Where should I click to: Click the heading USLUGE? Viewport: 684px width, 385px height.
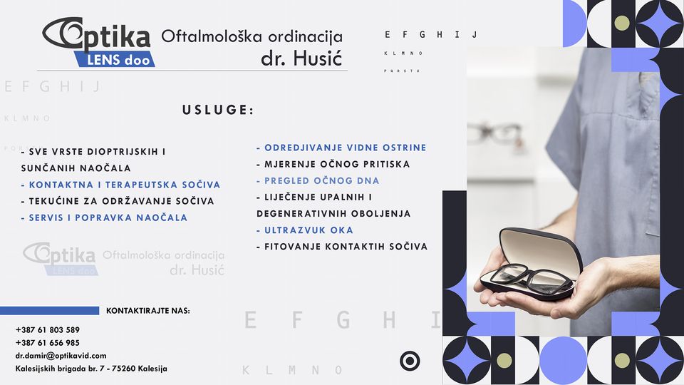(x=218, y=111)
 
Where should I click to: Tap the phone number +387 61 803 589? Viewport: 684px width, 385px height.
(x=47, y=330)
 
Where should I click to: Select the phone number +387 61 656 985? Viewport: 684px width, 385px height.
(x=47, y=343)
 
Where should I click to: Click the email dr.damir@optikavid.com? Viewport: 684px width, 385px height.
(x=61, y=355)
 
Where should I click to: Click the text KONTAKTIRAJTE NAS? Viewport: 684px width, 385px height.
(x=148, y=311)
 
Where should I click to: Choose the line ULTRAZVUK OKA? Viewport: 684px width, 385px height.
(x=305, y=230)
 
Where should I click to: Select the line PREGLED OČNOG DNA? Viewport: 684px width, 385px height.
(x=318, y=181)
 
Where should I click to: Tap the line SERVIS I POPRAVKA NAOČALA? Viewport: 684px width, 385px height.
(x=104, y=217)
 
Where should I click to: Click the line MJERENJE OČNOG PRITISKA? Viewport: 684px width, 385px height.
(x=333, y=165)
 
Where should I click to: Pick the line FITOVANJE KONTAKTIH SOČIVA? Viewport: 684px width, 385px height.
(x=342, y=247)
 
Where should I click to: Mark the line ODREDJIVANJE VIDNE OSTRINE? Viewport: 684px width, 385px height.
(x=341, y=148)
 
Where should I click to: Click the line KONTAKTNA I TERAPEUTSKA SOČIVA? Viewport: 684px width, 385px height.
(x=120, y=185)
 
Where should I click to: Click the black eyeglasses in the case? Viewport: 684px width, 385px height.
(x=531, y=277)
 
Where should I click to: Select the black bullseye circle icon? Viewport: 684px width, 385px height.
(x=410, y=361)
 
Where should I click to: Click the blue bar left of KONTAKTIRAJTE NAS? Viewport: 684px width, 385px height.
(x=49, y=311)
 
